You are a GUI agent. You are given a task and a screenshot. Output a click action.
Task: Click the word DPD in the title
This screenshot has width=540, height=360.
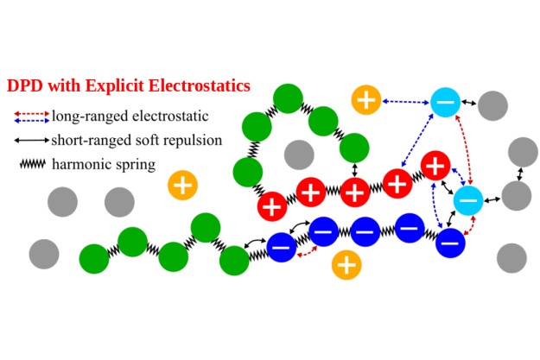(x=25, y=86)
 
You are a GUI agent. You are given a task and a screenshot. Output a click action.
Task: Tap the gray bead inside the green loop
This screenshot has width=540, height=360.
(x=299, y=155)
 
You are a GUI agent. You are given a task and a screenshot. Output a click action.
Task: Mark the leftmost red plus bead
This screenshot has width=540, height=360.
(x=273, y=206)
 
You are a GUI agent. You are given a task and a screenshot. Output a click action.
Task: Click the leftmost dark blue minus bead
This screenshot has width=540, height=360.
(x=282, y=247)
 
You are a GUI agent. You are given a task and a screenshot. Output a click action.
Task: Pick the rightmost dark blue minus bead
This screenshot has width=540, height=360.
(x=449, y=242)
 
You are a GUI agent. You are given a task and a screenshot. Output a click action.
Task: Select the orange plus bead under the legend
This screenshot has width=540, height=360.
(x=181, y=184)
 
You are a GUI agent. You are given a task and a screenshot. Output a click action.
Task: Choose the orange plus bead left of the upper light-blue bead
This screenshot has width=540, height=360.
(x=366, y=99)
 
